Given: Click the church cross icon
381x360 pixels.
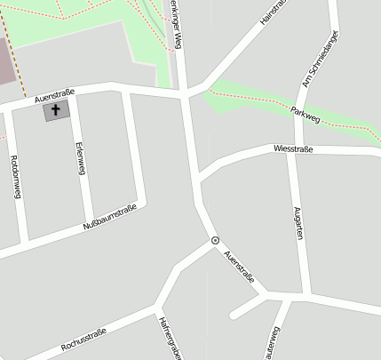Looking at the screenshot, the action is [x=56, y=111].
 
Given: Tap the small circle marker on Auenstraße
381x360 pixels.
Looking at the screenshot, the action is [x=215, y=240].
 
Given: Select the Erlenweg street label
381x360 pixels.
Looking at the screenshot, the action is [x=81, y=157].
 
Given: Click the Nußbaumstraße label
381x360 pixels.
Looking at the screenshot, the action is [x=109, y=219].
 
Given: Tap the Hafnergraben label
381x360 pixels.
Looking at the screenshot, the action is [x=169, y=338].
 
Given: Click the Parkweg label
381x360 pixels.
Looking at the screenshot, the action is [x=305, y=113].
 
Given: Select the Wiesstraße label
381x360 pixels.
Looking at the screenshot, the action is [x=293, y=149].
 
